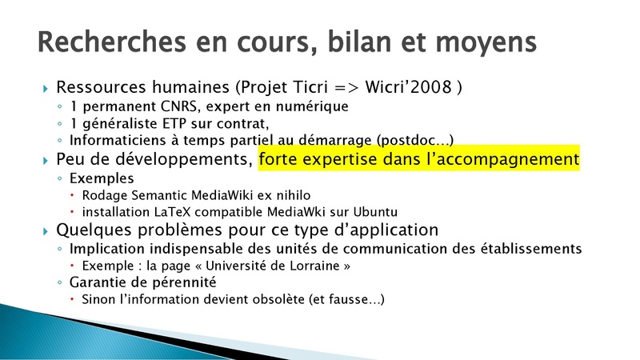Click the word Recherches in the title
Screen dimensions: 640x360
(112, 42)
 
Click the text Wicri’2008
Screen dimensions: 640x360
(408, 87)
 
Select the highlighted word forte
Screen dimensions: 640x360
(278, 159)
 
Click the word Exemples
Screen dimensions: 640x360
(102, 178)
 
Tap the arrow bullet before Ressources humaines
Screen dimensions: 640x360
(46, 88)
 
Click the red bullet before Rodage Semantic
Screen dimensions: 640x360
(72, 195)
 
